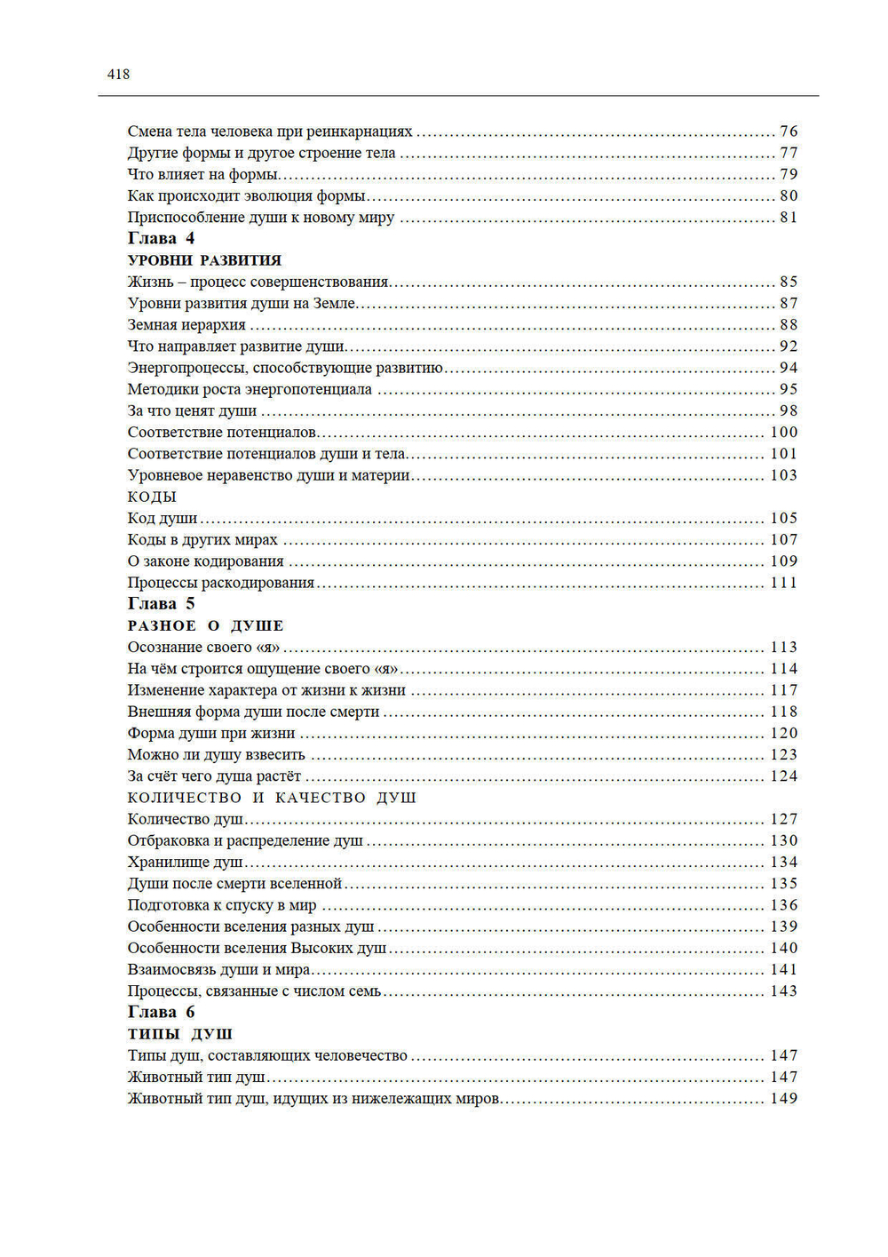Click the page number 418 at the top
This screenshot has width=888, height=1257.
tap(118, 75)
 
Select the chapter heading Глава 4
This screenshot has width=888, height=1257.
tap(161, 238)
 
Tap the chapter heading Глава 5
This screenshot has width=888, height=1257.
tap(161, 604)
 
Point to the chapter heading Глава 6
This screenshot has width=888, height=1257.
tap(161, 1012)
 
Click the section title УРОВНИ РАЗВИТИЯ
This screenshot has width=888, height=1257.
tap(204, 260)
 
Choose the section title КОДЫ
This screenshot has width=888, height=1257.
tap(152, 497)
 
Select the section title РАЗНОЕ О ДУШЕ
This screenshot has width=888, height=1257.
tap(205, 625)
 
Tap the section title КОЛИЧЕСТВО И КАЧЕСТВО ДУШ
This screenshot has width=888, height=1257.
tap(272, 798)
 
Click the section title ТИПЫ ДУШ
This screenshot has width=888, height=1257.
tap(179, 1034)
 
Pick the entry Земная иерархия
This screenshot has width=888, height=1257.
tap(186, 325)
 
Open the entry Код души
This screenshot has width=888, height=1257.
tap(163, 518)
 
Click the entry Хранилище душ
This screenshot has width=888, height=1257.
tap(185, 862)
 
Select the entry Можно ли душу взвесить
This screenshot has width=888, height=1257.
tap(216, 754)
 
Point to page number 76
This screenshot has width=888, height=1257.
tap(789, 131)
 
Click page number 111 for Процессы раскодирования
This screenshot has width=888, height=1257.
tap(783, 583)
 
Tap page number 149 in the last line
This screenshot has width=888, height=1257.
tap(783, 1099)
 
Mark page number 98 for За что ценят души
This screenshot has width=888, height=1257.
tap(789, 410)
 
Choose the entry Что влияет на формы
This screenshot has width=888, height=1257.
tap(202, 174)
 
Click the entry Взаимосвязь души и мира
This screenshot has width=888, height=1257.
tap(218, 969)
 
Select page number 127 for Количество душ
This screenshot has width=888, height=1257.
tap(783, 819)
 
